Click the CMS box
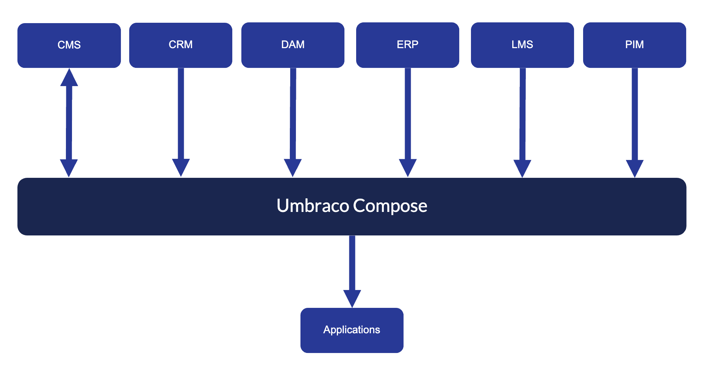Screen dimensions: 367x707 tap(69, 45)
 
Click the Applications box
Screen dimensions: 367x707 tap(352, 330)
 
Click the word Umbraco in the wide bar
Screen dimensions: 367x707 tap(313, 206)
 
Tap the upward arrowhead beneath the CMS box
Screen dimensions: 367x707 tap(69, 78)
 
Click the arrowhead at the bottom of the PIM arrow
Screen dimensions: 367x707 tap(635, 168)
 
